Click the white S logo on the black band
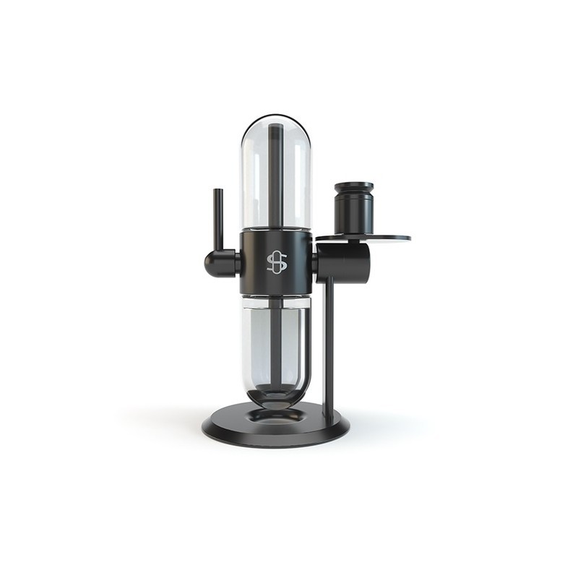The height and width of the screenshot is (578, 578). (x=277, y=262)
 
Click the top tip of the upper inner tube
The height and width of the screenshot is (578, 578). (x=276, y=127)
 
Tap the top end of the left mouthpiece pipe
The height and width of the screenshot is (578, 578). (x=217, y=190)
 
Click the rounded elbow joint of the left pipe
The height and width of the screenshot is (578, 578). (x=215, y=263)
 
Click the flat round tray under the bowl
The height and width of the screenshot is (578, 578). (x=383, y=237)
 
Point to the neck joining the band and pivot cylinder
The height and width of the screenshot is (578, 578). (x=315, y=262)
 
